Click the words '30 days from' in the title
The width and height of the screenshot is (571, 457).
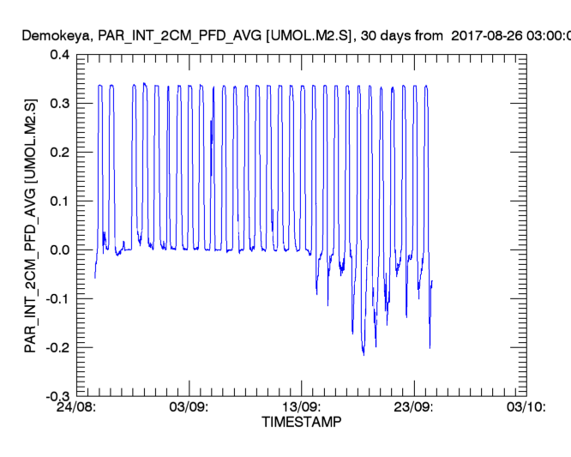391,36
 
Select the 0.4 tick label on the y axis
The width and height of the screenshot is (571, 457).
59,54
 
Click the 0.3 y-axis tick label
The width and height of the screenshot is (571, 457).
59,103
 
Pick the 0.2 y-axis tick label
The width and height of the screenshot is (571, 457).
59,152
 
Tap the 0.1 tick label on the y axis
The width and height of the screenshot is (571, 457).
59,201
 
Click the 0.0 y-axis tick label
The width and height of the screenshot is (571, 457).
59,250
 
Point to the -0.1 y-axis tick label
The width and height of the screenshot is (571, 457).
57,298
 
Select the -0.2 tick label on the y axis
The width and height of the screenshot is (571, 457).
57,347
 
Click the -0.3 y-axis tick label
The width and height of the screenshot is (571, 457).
57,396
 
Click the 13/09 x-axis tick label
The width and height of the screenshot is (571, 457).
302,408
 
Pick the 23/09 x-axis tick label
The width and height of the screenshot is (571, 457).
414,408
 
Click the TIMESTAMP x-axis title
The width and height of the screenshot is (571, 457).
301,423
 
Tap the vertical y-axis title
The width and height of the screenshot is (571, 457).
30,225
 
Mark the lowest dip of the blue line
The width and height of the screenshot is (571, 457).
364,353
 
